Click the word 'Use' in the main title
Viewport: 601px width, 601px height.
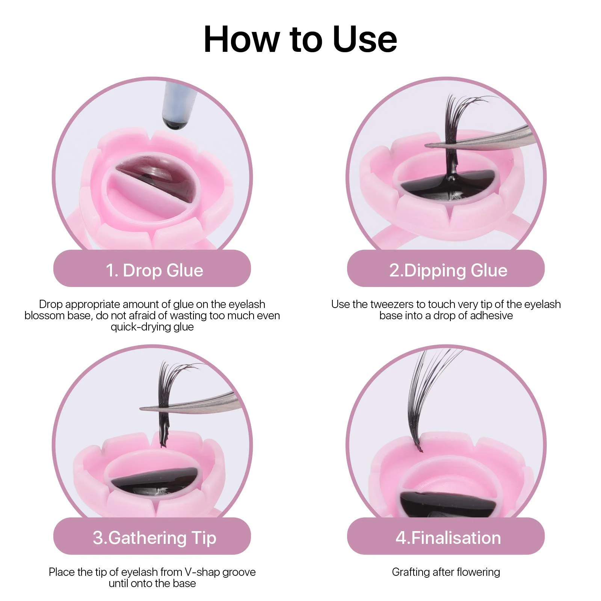point(365,39)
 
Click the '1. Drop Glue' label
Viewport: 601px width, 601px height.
point(154,270)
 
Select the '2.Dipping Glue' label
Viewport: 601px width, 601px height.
point(448,270)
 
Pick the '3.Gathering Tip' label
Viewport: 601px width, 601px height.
point(154,538)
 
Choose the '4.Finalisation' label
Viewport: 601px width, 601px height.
point(448,538)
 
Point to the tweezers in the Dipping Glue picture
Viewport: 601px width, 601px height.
point(488,139)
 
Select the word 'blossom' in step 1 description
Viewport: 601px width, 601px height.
point(45,316)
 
